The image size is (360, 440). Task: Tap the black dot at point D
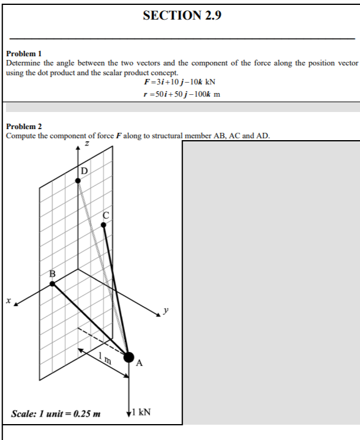click(78, 179)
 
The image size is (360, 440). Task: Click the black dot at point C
click(103, 225)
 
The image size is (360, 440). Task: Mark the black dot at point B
click(52, 283)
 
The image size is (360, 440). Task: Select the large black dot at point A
click(129, 357)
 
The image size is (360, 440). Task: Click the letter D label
click(84, 170)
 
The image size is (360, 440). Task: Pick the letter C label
click(106, 215)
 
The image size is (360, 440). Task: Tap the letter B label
click(52, 274)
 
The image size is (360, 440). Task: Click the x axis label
click(9, 300)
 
